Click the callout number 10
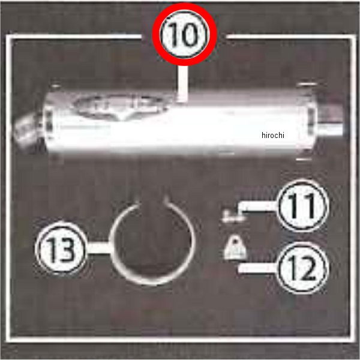(x=184, y=34)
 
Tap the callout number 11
(x=302, y=206)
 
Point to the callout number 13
(x=61, y=248)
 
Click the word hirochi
(x=273, y=135)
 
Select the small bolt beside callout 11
(x=232, y=216)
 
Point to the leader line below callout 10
(x=183, y=84)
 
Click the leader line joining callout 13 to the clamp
(x=98, y=248)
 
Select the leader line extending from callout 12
(x=258, y=268)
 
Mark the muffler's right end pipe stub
(x=331, y=122)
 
